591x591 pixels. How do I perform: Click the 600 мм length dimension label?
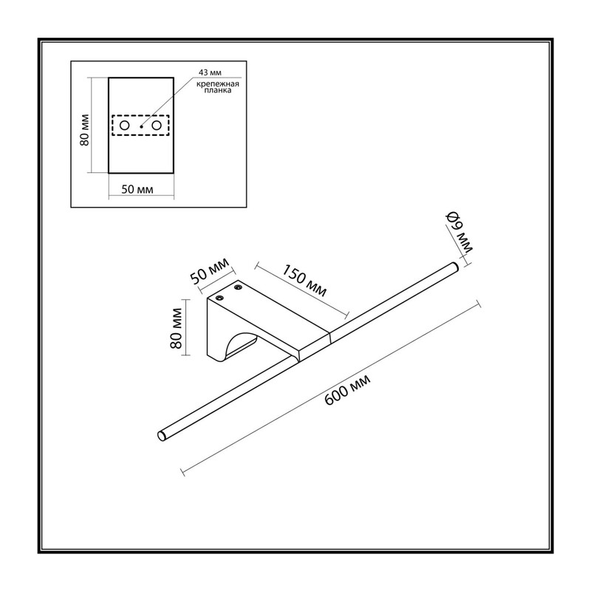347,390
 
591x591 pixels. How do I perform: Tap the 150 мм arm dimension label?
304,281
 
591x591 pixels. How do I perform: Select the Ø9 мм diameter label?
459,232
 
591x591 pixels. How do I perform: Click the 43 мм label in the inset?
210,72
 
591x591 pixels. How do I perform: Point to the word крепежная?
217,84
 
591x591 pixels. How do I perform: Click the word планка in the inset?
217,90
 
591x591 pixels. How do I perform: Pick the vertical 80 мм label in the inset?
84,130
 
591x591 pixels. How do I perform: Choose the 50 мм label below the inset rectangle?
137,189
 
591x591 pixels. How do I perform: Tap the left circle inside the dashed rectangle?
124,126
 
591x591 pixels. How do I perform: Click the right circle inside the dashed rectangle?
157,126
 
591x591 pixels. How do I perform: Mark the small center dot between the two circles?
141,126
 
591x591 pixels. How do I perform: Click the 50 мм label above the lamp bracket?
209,271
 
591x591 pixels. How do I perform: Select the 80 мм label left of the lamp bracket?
176,328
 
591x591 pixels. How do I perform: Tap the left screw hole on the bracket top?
219,298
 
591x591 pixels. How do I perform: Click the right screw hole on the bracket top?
238,288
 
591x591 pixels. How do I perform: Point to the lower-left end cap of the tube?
162,436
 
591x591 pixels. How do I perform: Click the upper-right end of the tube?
454,267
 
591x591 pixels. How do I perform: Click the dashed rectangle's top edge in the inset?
140,115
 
